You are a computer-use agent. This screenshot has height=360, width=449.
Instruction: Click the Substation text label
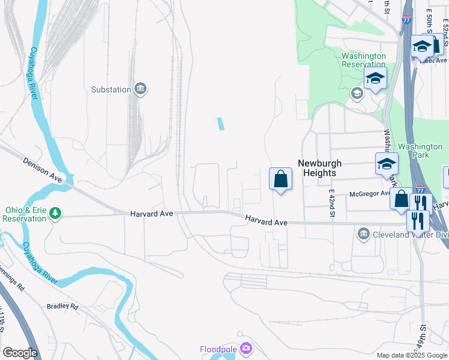click(x=111, y=89)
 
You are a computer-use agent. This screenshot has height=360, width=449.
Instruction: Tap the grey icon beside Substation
click(x=140, y=89)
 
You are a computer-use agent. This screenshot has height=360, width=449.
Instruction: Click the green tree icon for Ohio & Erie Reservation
click(x=55, y=213)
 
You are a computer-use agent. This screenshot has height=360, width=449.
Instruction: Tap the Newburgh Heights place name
click(x=320, y=168)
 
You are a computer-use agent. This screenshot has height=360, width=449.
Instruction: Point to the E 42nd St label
click(x=331, y=203)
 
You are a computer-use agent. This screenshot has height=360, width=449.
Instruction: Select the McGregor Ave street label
click(x=371, y=194)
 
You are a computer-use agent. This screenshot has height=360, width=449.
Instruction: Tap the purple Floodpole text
click(x=218, y=349)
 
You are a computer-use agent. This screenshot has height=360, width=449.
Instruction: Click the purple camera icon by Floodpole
click(x=245, y=348)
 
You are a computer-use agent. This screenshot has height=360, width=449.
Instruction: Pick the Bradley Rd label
click(x=62, y=306)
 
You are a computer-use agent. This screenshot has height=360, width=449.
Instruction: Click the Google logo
click(x=20, y=353)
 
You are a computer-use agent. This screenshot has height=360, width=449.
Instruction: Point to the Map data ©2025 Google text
click(x=411, y=355)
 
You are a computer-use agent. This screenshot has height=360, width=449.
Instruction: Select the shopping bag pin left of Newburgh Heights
click(x=280, y=179)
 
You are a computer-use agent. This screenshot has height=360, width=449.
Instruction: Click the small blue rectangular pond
click(x=220, y=124)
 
